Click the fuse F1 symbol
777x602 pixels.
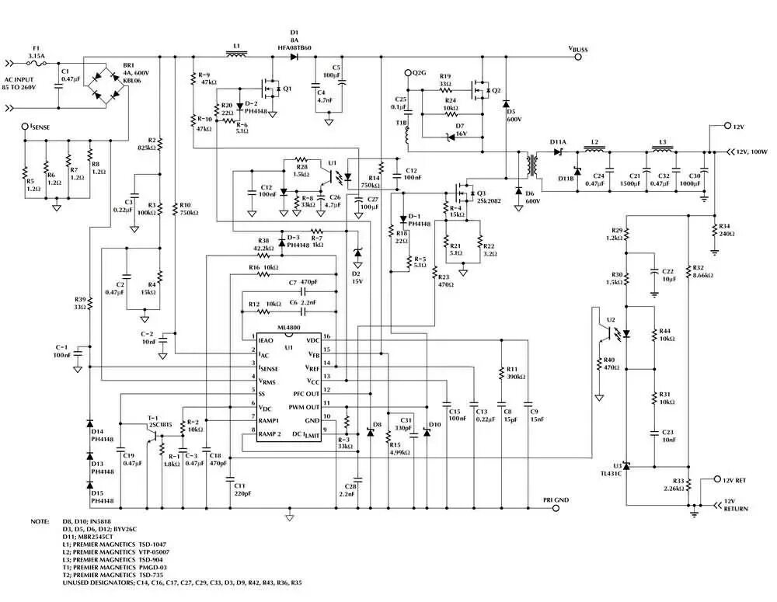[x=36, y=64]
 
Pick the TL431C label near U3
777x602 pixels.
[x=610, y=472]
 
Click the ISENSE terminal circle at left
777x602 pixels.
[x=25, y=126]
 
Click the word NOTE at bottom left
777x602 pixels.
[x=40, y=521]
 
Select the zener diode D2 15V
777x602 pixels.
[x=357, y=253]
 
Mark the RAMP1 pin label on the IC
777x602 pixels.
[x=270, y=419]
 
